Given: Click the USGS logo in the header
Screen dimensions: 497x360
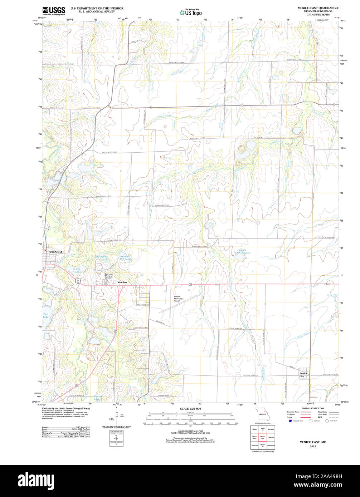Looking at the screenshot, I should pyautogui.click(x=54, y=11).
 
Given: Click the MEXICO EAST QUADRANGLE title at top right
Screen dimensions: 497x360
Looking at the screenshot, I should pyautogui.click(x=318, y=8).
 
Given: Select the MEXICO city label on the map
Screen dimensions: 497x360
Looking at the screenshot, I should pyautogui.click(x=55, y=252).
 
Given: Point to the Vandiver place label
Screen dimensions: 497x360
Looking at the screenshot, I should pyautogui.click(x=122, y=282).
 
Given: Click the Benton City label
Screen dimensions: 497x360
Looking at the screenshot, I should pyautogui.click(x=303, y=375).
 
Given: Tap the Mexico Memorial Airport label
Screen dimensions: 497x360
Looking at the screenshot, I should pyautogui.click(x=177, y=299).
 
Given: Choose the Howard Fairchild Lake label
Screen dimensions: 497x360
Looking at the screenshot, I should pyautogui.click(x=243, y=251).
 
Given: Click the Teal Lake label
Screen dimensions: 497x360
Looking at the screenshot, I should pyautogui.click(x=45, y=315).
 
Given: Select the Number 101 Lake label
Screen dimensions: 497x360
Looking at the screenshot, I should pyautogui.click(x=125, y=258).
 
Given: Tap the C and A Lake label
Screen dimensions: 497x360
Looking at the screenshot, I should pyautogui.click(x=77, y=270).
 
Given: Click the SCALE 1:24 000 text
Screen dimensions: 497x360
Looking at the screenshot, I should pyautogui.click(x=190, y=408).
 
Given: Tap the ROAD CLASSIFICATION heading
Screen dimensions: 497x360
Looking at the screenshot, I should pyautogui.click(x=312, y=408).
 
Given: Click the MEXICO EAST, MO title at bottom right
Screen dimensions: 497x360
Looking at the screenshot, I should pyautogui.click(x=313, y=442).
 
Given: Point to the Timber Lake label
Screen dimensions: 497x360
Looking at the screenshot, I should pyautogui.click(x=97, y=398).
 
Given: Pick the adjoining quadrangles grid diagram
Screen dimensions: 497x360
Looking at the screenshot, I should pyautogui.click(x=263, y=437).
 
